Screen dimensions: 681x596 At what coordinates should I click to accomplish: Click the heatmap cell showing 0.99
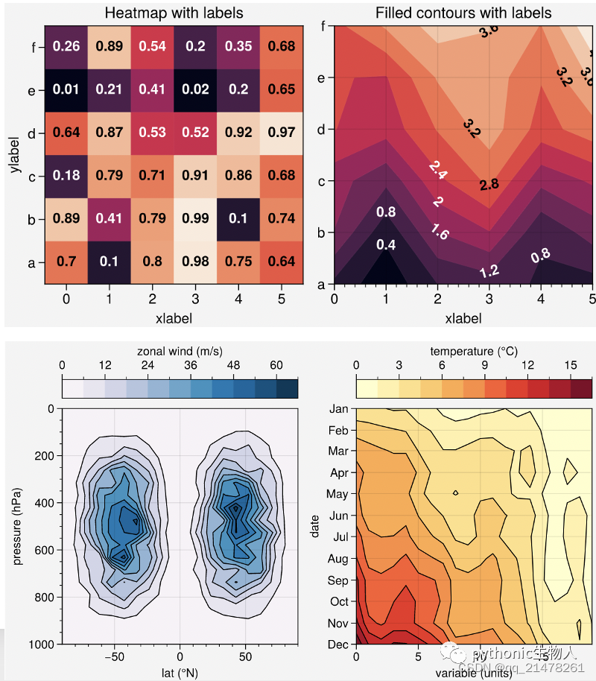[x=196, y=218]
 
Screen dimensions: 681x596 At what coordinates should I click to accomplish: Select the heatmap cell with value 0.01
[x=67, y=90]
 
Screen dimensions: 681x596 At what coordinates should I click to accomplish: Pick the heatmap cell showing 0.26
[x=67, y=47]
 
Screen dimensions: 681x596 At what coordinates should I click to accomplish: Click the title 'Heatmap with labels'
[x=174, y=13]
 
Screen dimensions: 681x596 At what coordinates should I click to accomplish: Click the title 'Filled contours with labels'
[x=463, y=13]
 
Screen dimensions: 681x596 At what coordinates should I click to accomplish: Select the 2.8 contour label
[x=489, y=184]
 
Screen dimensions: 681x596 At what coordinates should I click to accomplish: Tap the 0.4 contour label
[x=386, y=244]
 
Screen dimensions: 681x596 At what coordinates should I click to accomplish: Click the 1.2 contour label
[x=489, y=271]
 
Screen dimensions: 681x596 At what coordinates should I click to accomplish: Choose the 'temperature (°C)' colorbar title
[x=474, y=351]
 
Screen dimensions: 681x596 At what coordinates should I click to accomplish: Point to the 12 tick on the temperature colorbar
[x=528, y=365]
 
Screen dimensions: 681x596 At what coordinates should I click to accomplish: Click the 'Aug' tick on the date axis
[x=339, y=559]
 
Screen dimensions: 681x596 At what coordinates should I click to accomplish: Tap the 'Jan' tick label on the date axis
[x=339, y=408]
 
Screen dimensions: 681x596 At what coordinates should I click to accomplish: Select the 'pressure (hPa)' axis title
[x=17, y=525]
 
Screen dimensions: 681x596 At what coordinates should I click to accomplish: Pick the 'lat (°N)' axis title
[x=180, y=672]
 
